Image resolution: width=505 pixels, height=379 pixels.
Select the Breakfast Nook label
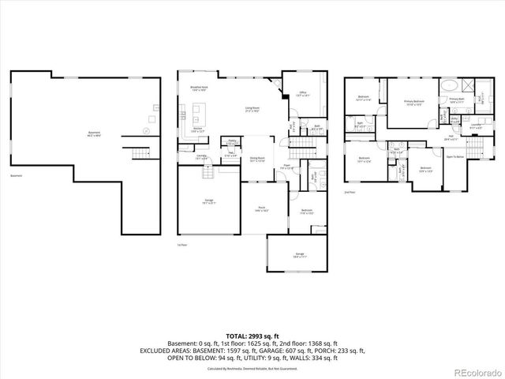point(199,90)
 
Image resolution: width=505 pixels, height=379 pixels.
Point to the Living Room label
point(252,110)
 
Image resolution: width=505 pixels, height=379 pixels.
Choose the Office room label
point(301,94)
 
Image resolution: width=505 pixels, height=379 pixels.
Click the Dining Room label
point(257,159)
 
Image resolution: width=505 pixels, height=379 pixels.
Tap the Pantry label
point(233,142)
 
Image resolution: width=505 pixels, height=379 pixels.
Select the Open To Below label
point(454,157)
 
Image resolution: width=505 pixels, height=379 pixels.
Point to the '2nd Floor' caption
point(350,192)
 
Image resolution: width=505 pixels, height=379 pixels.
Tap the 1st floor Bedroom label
point(307,211)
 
